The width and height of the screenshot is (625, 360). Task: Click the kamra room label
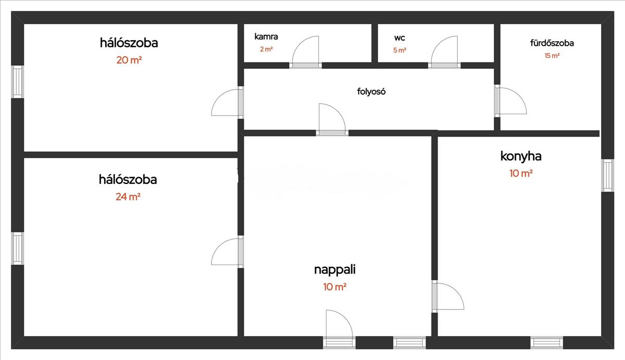(266, 36)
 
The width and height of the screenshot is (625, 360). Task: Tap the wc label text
(399, 38)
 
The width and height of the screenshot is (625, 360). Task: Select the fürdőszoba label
(552, 43)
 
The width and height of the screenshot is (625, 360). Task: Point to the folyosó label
(371, 92)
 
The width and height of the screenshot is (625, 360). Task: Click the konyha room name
(521, 156)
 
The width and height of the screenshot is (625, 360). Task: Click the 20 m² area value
(129, 60)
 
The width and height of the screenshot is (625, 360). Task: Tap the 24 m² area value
(128, 197)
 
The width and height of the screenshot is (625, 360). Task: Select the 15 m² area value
(552, 56)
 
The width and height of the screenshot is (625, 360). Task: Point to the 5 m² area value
(399, 51)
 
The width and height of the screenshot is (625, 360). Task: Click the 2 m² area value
(266, 49)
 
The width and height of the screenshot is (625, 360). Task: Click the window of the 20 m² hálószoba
(18, 82)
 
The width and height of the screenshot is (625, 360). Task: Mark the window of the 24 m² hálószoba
(18, 249)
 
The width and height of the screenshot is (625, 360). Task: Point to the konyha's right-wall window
(607, 175)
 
